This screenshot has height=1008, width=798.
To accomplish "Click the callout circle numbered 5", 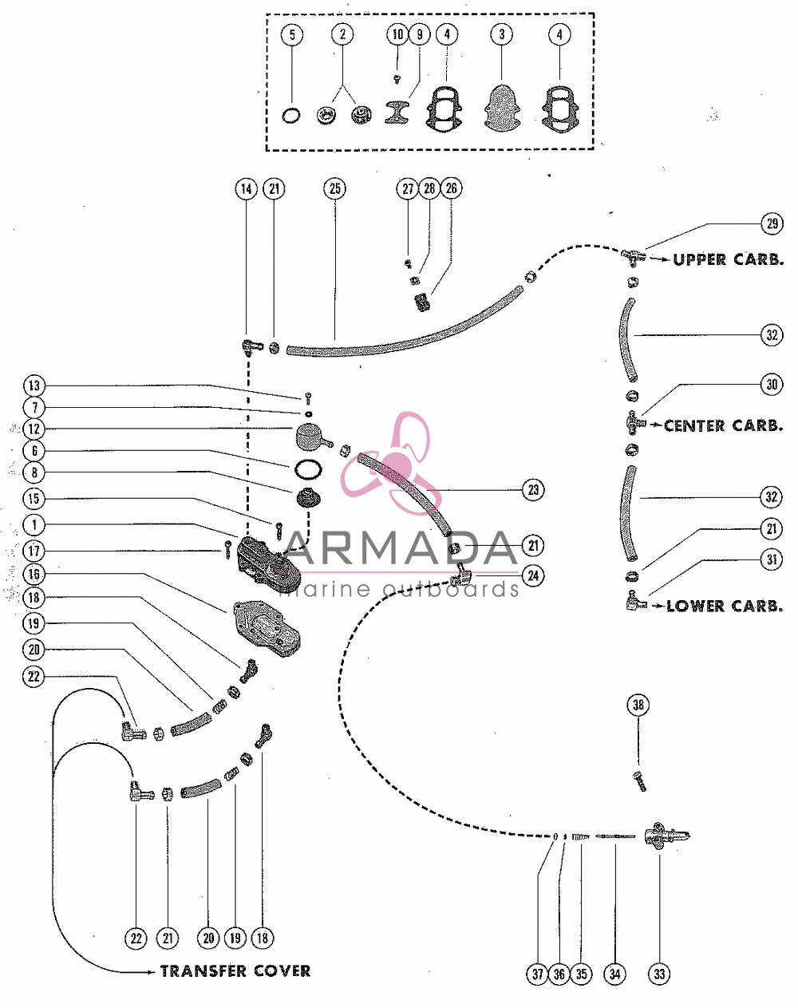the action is (292, 34).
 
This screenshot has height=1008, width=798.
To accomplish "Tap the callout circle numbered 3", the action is (502, 34).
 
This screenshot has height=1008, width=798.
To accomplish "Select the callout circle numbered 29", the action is (772, 224).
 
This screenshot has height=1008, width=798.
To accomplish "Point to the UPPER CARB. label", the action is (729, 259).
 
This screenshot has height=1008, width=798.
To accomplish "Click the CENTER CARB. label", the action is (724, 425).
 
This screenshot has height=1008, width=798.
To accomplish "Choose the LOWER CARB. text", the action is (725, 606).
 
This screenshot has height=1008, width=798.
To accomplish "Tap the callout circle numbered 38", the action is (638, 705).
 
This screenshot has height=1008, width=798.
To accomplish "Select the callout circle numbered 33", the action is (659, 974).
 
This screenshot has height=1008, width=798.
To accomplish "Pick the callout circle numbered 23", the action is (533, 490).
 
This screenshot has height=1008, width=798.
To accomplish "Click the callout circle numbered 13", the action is (34, 385).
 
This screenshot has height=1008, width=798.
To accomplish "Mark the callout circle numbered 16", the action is (34, 574).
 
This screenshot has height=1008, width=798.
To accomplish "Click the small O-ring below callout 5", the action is (291, 115).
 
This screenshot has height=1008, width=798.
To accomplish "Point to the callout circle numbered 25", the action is (335, 189).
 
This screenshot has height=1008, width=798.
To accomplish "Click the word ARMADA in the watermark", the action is (401, 548).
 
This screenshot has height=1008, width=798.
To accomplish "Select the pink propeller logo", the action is (397, 464).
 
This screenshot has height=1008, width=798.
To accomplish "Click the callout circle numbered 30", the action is (772, 385).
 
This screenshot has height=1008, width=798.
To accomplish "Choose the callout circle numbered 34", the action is (615, 974).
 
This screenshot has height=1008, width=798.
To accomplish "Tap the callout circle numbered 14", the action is (247, 189).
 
